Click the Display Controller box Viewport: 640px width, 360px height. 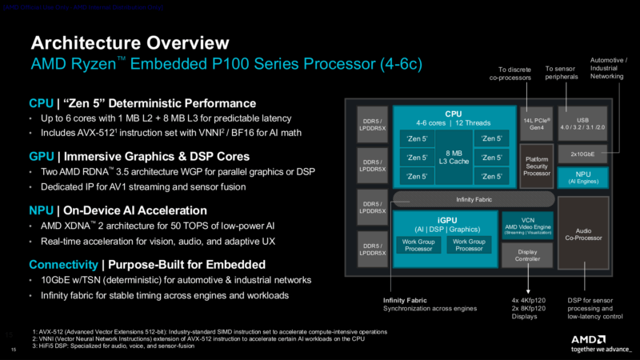pyautogui.click(x=526, y=254)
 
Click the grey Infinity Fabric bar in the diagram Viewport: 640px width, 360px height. pyautogui.click(x=473, y=199)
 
